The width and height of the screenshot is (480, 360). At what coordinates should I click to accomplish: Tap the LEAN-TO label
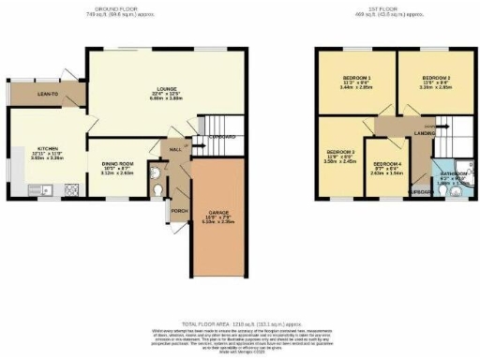(36, 95)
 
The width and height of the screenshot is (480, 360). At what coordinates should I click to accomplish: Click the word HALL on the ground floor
(175, 150)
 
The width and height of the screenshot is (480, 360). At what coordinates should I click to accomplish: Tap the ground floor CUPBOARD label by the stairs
(222, 137)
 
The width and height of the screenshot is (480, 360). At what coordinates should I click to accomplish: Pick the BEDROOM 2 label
(437, 79)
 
